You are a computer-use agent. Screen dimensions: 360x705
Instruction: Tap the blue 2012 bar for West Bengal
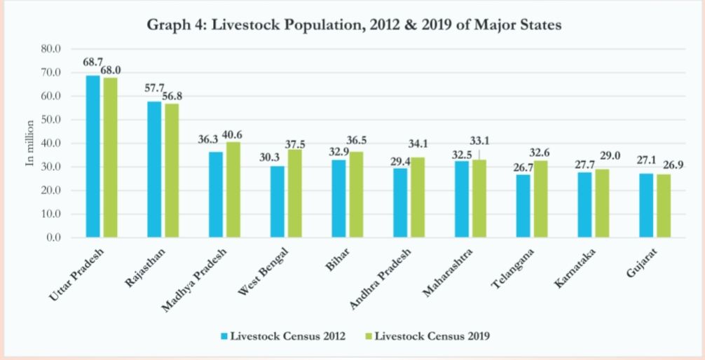[278, 202]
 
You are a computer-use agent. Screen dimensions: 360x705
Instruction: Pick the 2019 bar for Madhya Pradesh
[233, 190]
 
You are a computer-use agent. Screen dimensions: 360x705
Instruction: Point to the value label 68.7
[93, 62]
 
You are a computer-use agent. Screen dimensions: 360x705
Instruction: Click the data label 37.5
[295, 144]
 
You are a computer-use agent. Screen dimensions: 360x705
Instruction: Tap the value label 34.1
[418, 145]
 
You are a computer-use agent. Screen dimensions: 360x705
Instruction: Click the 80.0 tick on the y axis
[51, 50]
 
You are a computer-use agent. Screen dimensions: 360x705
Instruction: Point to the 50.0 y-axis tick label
[51, 120]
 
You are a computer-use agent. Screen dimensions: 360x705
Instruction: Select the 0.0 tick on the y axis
[54, 237]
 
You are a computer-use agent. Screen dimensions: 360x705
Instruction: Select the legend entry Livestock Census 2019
[432, 336]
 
